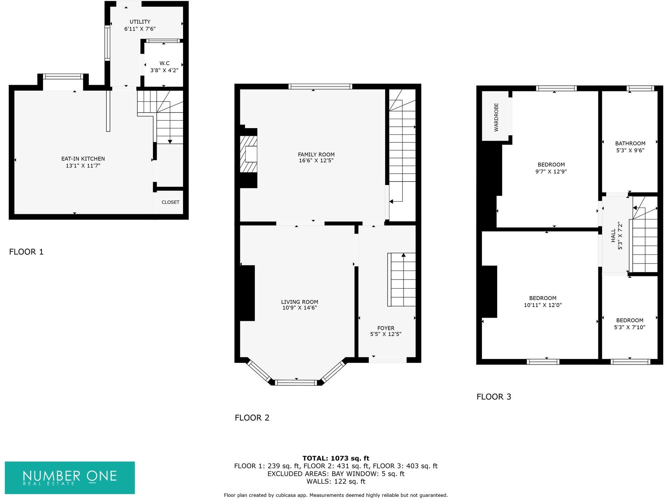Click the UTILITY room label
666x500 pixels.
[x=140, y=22]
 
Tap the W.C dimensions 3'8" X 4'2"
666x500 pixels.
[x=164, y=70]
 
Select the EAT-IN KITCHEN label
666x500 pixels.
[x=83, y=159]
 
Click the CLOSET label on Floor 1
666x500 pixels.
[x=170, y=202]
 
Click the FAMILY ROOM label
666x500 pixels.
[x=316, y=155]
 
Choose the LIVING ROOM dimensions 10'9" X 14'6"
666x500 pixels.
[x=300, y=308]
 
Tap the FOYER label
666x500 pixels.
[x=386, y=328]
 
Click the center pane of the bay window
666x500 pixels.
[x=297, y=383]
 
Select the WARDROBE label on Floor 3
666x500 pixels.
[x=496, y=117]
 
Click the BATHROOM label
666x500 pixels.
[x=630, y=143]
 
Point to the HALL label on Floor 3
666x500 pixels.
[x=613, y=235]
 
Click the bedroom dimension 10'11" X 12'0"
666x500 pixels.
[x=543, y=305]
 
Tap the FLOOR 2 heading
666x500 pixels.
[x=252, y=418]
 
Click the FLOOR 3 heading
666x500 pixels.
[x=494, y=397]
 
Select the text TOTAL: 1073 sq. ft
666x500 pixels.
[x=336, y=458]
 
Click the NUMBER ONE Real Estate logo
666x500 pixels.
[x=70, y=477]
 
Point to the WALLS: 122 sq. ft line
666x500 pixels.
[x=336, y=482]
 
